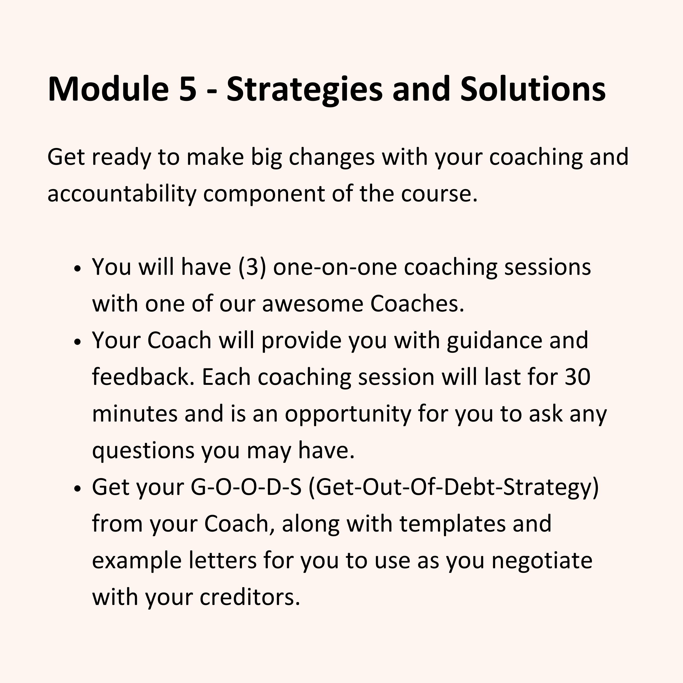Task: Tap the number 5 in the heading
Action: [188, 89]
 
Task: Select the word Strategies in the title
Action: [305, 90]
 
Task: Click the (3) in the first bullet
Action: [252, 267]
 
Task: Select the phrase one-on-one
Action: [335, 268]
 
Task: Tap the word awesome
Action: [312, 304]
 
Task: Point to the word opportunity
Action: [348, 414]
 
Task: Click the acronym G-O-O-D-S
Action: [246, 487]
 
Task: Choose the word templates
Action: [453, 524]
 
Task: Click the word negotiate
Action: [542, 561]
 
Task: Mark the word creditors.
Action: [250, 597]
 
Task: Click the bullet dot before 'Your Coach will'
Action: [78, 342]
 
